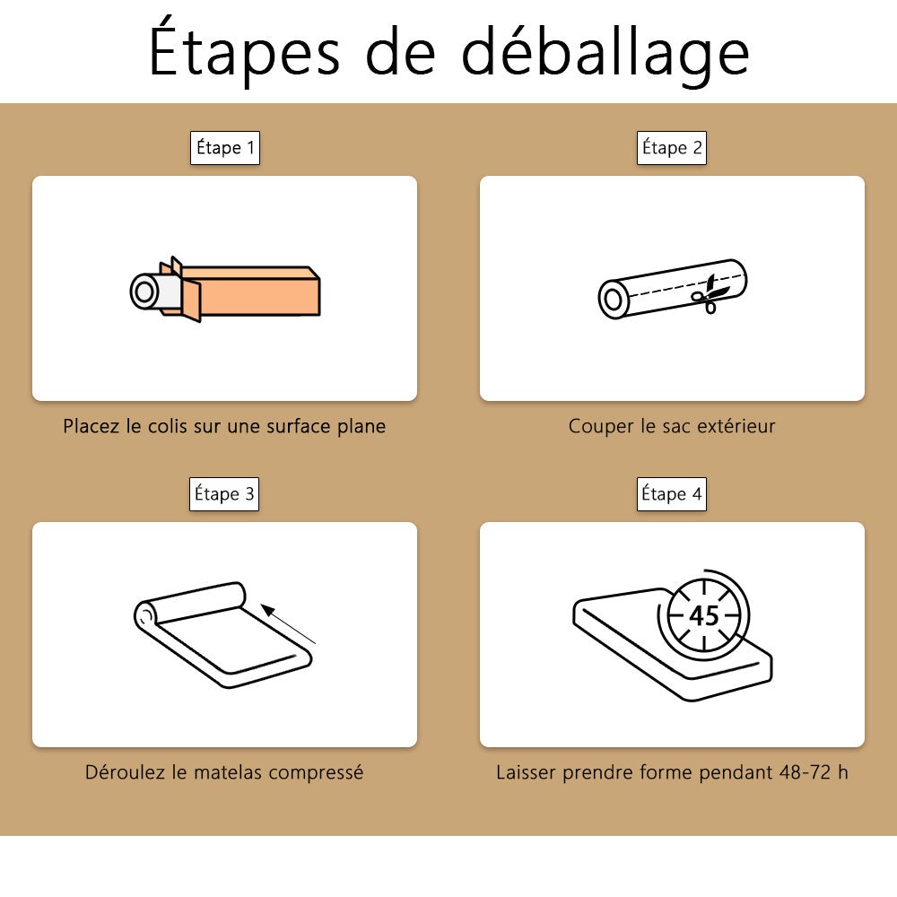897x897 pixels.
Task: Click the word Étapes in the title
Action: (x=244, y=49)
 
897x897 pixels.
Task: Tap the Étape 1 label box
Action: (x=225, y=148)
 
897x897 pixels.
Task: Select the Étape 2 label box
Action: (x=672, y=148)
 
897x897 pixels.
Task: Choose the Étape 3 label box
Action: (x=224, y=493)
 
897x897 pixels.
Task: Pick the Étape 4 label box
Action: (x=672, y=493)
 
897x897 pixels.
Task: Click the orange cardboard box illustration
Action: (x=240, y=290)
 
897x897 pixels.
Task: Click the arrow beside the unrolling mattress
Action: (x=288, y=623)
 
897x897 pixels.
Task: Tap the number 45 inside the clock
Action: (x=703, y=616)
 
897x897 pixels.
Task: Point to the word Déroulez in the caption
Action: (x=126, y=772)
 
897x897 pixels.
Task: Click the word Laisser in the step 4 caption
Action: (x=526, y=772)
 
